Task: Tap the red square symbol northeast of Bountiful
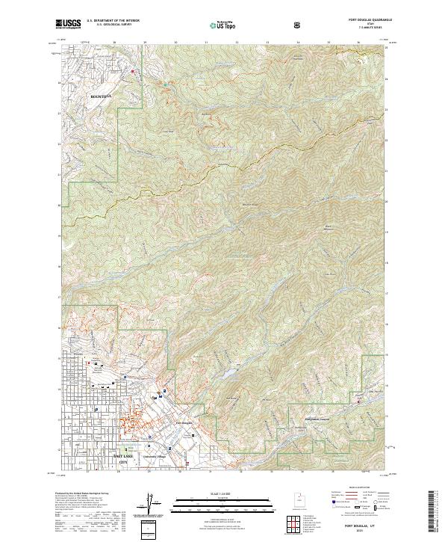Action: pyautogui.click(x=134, y=72)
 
